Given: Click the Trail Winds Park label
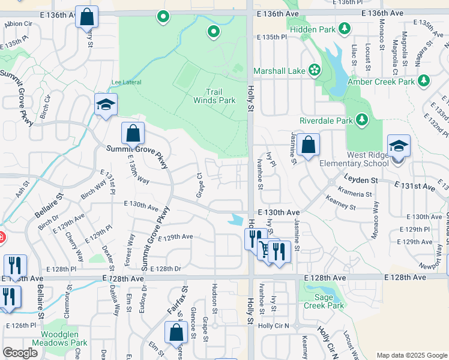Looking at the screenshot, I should click(214, 97).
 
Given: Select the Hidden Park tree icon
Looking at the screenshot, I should click(345, 28).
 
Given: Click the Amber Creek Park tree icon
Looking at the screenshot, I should click(424, 80).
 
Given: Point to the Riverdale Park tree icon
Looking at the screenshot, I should click(362, 120).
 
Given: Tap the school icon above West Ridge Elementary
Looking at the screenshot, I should click(399, 146).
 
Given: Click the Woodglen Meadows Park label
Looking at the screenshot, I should click(64, 339).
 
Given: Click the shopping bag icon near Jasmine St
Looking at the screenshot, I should click(308, 145).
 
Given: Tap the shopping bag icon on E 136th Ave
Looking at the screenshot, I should click(86, 17).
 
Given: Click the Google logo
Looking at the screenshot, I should click(20, 353).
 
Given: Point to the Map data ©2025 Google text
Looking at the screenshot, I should click(411, 355).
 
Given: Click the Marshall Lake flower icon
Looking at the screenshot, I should click(315, 70).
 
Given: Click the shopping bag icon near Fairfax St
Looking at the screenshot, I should click(175, 332).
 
